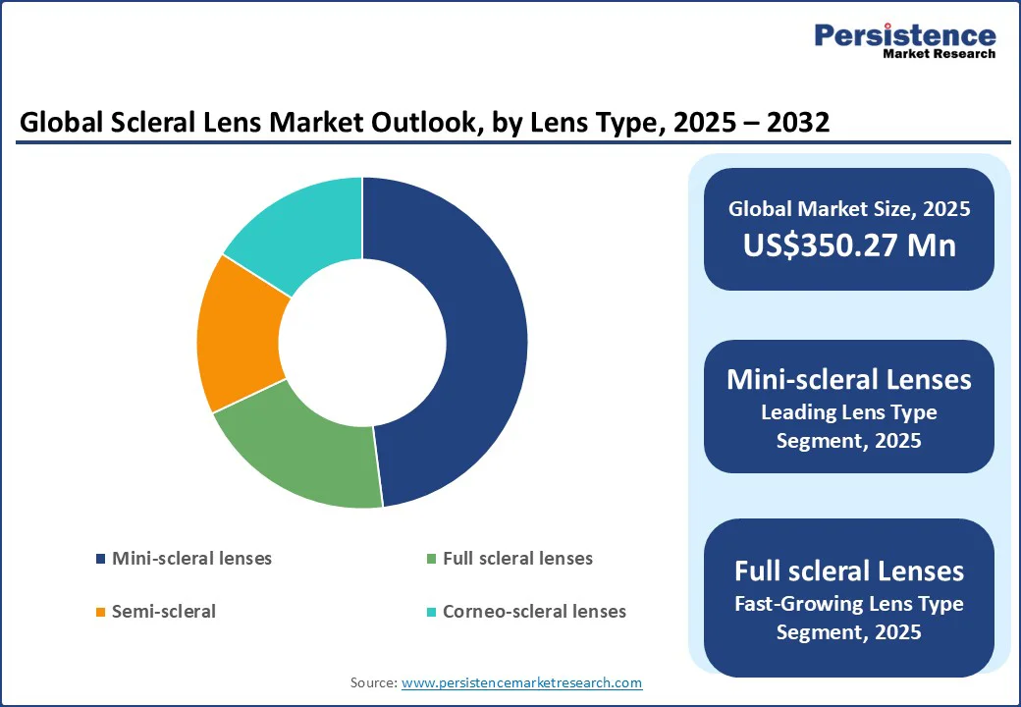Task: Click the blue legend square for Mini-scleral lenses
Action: point(100,559)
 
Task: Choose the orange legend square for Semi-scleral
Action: point(100,612)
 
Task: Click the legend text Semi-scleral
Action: point(164,611)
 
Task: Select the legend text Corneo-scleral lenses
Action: point(534,611)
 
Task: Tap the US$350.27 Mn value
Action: point(849,245)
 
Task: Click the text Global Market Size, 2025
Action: point(849,208)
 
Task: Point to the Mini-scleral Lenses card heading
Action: point(849,379)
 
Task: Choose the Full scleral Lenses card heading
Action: point(849,571)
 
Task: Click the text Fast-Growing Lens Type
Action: point(849,603)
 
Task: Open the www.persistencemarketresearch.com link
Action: point(521,682)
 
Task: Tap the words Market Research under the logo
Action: point(939,54)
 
